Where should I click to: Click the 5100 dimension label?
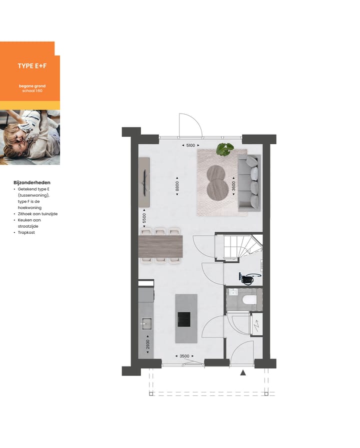(x=190, y=146)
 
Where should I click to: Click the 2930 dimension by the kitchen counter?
(x=147, y=345)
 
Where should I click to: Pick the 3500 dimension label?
(x=184, y=356)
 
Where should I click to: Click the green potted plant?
(x=225, y=149)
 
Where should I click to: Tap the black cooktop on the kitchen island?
(x=184, y=318)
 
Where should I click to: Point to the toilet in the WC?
(x=246, y=300)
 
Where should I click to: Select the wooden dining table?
(x=160, y=246)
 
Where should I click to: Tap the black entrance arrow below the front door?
(x=243, y=372)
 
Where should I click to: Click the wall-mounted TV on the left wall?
(x=144, y=182)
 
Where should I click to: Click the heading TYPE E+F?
(x=32, y=66)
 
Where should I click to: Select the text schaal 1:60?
(x=32, y=91)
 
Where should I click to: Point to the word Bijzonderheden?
(x=32, y=183)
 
